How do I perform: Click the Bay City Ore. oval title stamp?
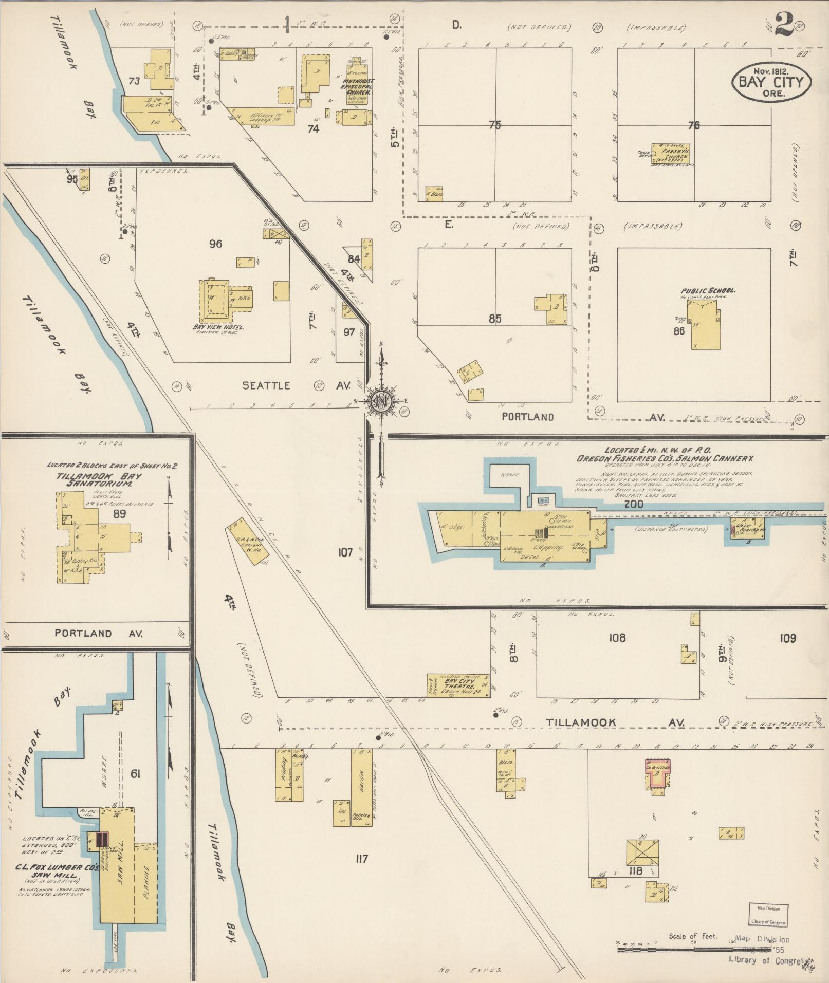771,81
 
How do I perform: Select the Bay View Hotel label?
218,327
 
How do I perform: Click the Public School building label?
708,291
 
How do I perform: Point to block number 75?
494,124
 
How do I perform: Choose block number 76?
694,125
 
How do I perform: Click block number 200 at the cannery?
633,504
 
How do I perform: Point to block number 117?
361,858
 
